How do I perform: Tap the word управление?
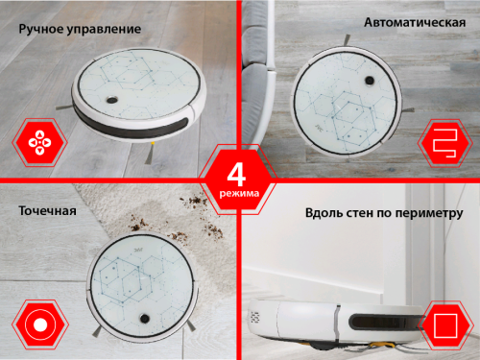pos(105,30)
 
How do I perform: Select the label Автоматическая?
pos(415,23)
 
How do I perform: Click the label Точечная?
pos(47,211)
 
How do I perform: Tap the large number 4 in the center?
pos(237,175)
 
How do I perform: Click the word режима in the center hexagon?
pos(239,194)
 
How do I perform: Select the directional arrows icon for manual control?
pos(39,142)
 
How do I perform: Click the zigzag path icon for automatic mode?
pos(445,143)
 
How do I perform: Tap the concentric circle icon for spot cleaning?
pos(40,324)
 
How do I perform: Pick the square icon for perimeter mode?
pos(445,325)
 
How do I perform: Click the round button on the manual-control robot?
pos(111,100)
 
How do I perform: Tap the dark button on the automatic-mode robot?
pos(370,80)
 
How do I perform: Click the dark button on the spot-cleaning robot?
pos(144,318)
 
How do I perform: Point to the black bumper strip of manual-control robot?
pos(132,126)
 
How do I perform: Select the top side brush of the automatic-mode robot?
pos(347,40)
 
